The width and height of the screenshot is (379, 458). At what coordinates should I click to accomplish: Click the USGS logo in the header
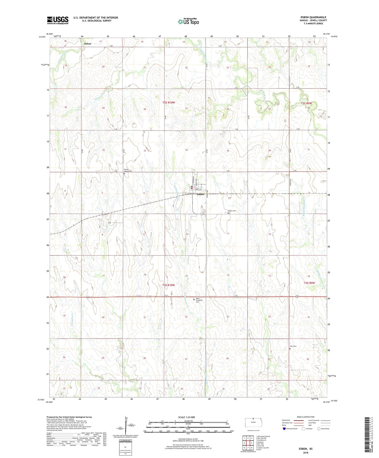coord(58,20)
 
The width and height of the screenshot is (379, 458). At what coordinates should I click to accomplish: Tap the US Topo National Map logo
coord(188,22)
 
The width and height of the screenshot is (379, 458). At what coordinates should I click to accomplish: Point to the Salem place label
coord(87,44)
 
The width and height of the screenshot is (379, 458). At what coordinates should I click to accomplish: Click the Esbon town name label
coord(200,194)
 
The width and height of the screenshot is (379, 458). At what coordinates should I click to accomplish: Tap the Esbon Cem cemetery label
coord(232,211)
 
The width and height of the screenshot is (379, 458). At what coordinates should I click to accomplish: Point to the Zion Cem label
coord(293,346)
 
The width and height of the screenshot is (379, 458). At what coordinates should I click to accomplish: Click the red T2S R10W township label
coord(169,103)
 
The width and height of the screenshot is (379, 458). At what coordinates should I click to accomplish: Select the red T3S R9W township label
coord(309,283)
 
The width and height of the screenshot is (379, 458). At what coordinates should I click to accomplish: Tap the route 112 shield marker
coord(202,214)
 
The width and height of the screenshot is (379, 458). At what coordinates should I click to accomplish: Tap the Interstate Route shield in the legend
coord(284,429)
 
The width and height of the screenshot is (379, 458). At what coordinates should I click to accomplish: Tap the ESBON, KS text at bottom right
coord(305,449)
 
